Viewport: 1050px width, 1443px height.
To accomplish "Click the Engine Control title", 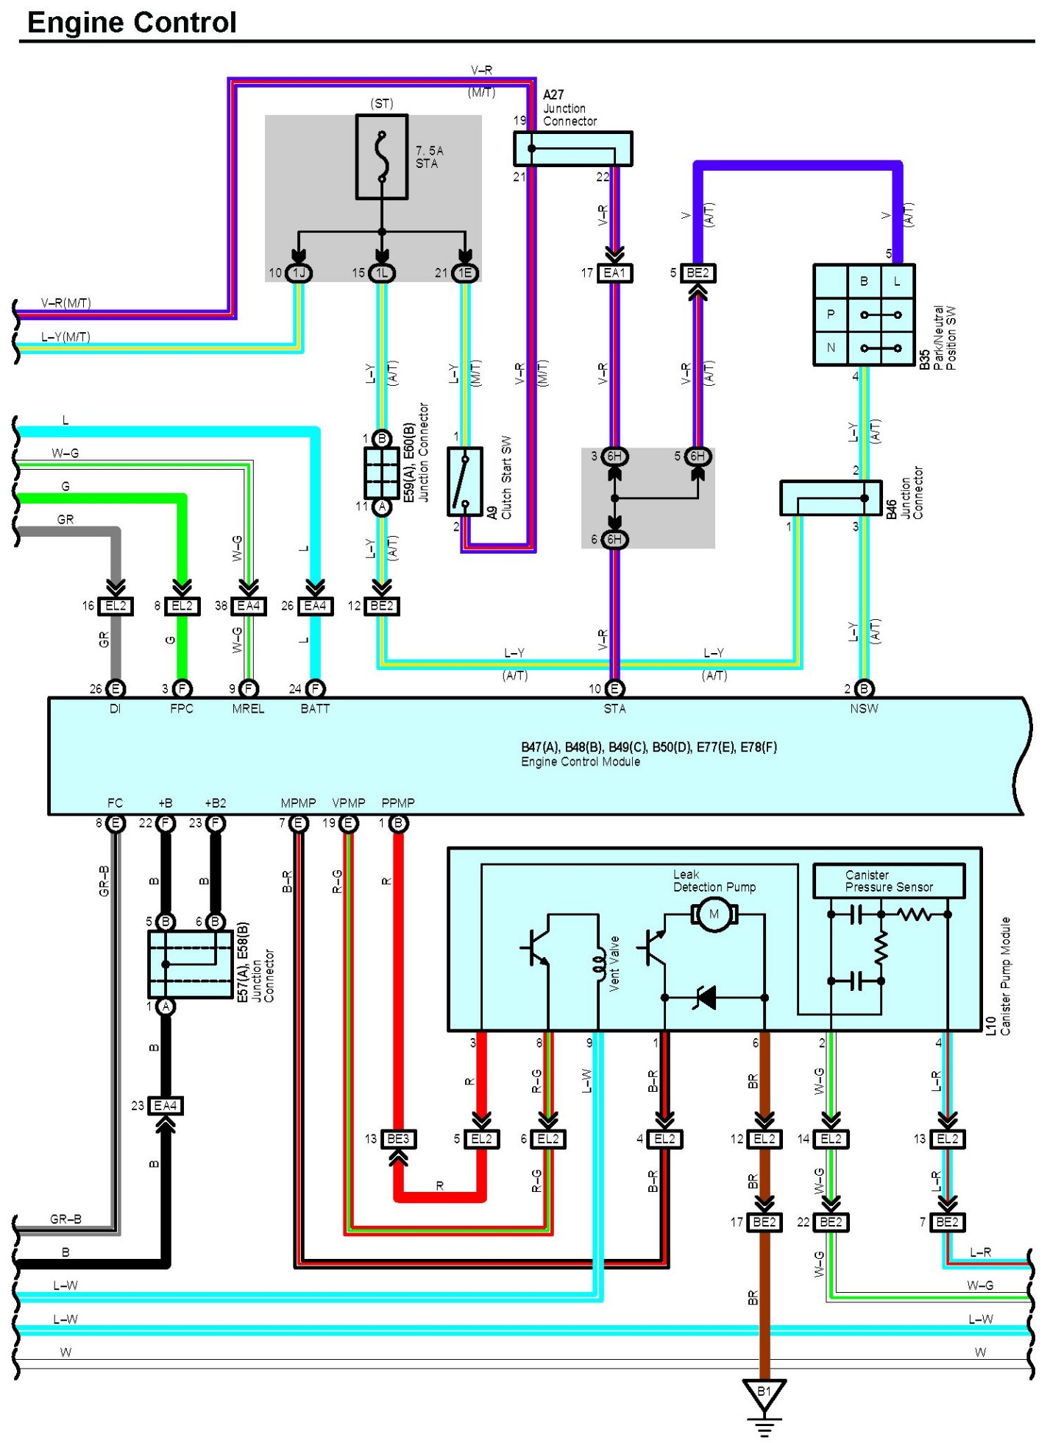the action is pyautogui.click(x=132, y=22).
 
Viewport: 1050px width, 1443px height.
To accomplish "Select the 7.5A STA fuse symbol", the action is pyautogui.click(x=382, y=156).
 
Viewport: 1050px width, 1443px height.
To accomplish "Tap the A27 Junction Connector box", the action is pyautogui.click(x=572, y=149).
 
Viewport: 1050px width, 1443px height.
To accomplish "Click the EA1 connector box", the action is pyautogui.click(x=614, y=273).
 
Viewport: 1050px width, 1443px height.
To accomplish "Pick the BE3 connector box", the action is pyautogui.click(x=398, y=1139).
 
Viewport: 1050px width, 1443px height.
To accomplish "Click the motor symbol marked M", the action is pyautogui.click(x=713, y=915).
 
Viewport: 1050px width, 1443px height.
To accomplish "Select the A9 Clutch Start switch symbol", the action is pyautogui.click(x=465, y=481).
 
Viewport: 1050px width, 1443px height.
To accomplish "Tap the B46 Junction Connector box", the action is pyautogui.click(x=831, y=498).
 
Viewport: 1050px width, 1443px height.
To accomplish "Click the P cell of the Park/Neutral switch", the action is pyautogui.click(x=831, y=315).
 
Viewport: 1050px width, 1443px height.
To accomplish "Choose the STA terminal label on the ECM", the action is pyautogui.click(x=614, y=708).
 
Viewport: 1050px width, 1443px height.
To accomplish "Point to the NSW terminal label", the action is pyautogui.click(x=864, y=708).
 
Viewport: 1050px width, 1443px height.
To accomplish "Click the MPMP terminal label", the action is pyautogui.click(x=298, y=802).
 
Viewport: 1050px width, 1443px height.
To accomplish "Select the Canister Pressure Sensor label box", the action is pyautogui.click(x=889, y=881).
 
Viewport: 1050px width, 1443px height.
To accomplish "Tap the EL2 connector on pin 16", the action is pyautogui.click(x=116, y=606).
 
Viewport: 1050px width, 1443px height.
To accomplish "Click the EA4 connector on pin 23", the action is pyautogui.click(x=166, y=1106).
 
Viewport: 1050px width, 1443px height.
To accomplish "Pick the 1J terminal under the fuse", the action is pyautogui.click(x=299, y=273).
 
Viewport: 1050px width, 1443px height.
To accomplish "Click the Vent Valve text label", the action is pyautogui.click(x=614, y=964).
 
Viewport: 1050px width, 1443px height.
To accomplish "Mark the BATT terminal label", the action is pyautogui.click(x=315, y=708).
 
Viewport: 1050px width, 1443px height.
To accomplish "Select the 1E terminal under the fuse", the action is pyautogui.click(x=465, y=273).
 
